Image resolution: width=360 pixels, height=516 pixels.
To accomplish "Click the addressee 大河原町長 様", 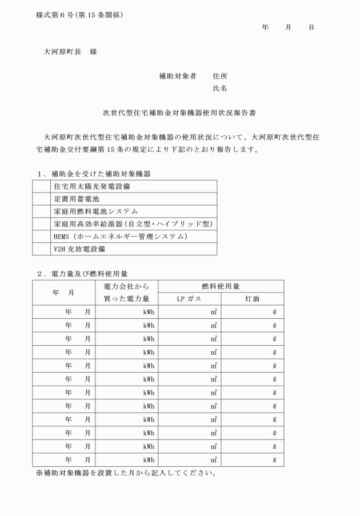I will [71, 51].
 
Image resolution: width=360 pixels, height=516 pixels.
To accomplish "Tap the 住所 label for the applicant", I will [220, 76].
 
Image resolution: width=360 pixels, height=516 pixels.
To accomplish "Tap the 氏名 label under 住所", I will [220, 89].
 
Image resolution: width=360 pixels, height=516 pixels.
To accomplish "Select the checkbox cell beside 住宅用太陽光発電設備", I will [41, 186].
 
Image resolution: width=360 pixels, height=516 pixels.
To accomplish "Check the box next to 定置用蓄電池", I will [41, 198].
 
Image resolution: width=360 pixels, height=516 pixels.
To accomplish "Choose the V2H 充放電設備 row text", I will [79, 249].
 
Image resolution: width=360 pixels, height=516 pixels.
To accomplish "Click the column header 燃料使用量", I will [221, 286].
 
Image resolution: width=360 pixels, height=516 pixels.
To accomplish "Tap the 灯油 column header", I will [252, 299].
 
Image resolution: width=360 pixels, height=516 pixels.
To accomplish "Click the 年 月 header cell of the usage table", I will [64, 293].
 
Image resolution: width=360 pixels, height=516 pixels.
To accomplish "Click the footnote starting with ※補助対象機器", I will [126, 473].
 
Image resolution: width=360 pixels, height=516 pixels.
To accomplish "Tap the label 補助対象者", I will [178, 76].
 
